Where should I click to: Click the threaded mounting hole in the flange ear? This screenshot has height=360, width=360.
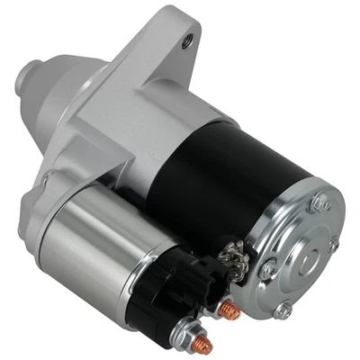click(x=188, y=40)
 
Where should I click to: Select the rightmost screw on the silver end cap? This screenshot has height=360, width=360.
click(x=335, y=245)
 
